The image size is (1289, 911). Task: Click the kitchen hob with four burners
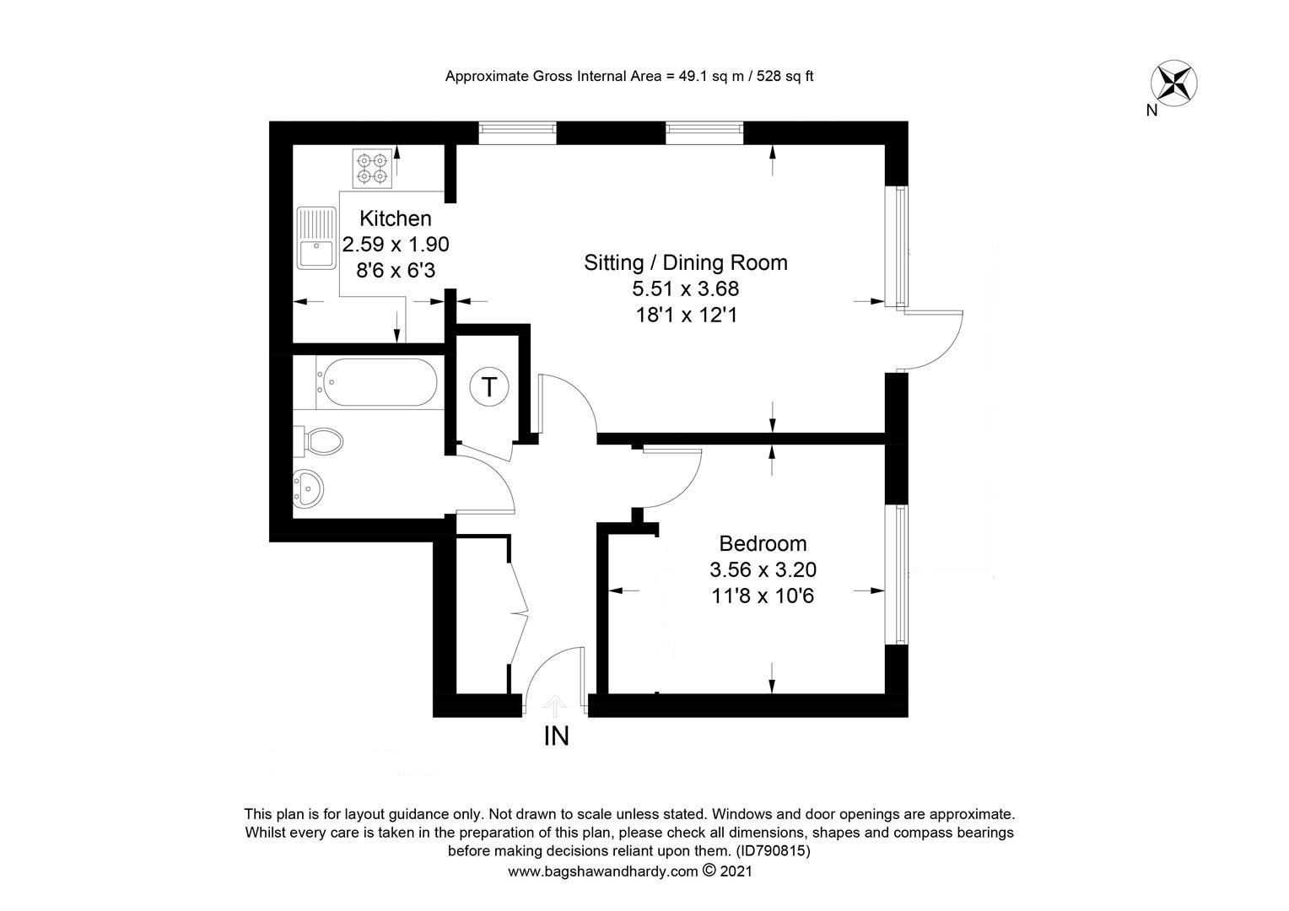click(x=372, y=168)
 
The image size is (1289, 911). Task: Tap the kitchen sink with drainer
click(x=316, y=238)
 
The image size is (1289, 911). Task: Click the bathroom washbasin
click(x=309, y=489)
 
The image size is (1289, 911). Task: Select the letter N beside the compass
click(x=1151, y=111)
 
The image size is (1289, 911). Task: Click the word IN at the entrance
click(x=557, y=736)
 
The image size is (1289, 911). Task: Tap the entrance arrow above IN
click(x=555, y=705)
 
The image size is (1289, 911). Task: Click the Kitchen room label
click(x=396, y=218)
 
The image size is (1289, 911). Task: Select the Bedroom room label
click(x=763, y=543)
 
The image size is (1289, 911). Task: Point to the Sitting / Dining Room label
click(x=686, y=262)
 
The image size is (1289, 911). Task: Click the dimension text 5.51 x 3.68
click(x=686, y=288)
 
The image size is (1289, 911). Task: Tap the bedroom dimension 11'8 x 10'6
click(x=763, y=596)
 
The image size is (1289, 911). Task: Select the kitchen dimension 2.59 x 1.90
click(x=396, y=244)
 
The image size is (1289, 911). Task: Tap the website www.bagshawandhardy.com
click(x=603, y=871)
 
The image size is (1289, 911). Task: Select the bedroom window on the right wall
click(x=901, y=574)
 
